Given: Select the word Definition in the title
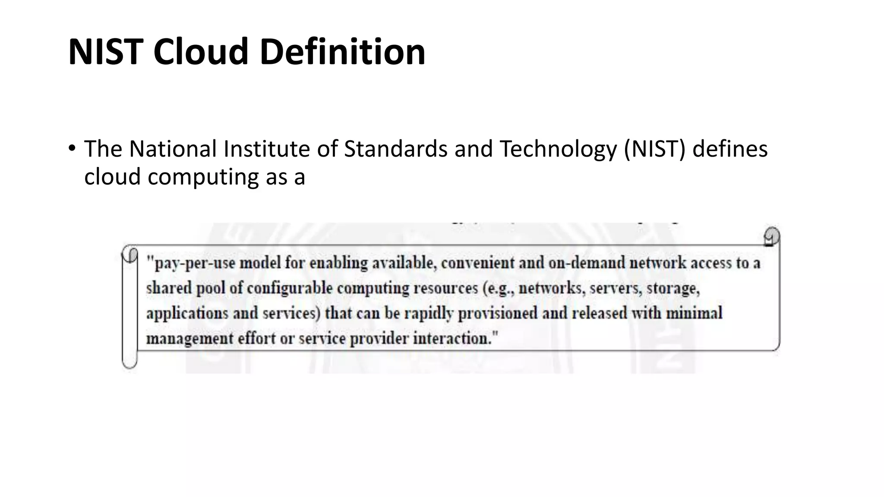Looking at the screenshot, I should point(342,52).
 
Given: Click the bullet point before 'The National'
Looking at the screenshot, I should point(72,149).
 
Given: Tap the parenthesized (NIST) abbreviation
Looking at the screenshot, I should point(654,149).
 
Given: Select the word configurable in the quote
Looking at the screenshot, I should point(290,288).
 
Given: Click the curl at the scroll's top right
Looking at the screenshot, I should point(771,236).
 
